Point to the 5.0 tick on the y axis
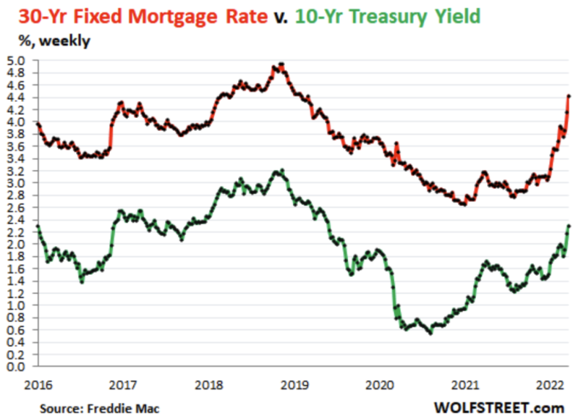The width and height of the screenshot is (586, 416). click(16, 60)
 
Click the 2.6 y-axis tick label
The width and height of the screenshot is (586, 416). click(16, 207)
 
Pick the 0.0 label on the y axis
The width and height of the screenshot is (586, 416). click(16, 366)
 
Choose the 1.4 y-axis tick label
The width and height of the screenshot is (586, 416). click(16, 281)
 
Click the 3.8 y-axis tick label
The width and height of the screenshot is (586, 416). click(16, 133)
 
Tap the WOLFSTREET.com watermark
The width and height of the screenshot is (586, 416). click(497, 404)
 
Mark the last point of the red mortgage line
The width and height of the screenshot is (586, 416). click(569, 96)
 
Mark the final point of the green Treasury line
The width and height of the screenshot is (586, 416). click(569, 226)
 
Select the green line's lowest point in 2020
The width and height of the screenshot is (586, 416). click(431, 333)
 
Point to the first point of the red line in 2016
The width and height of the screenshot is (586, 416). click(37, 123)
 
